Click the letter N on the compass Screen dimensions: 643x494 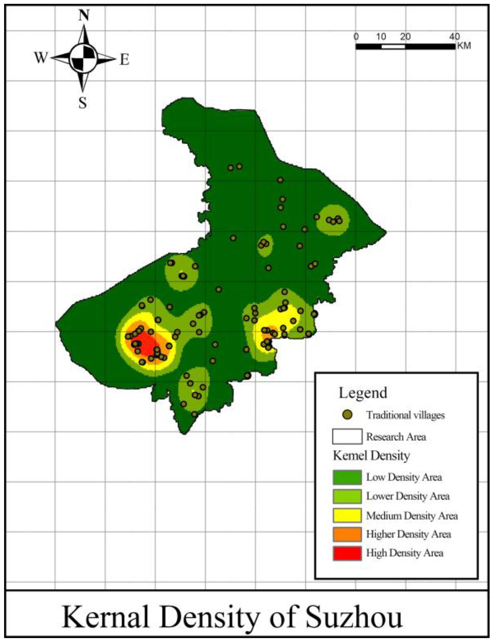84,16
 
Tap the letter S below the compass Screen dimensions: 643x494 83,103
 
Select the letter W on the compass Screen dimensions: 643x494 41,57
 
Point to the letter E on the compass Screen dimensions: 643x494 124,60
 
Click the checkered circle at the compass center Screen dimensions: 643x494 83,58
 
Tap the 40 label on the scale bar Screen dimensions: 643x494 455,37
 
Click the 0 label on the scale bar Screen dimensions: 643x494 356,37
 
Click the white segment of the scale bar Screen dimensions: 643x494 393,47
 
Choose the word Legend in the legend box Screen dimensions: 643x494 363,393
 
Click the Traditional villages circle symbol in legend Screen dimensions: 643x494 347,415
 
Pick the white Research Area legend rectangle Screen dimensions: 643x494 347,436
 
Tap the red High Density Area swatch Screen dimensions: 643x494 347,553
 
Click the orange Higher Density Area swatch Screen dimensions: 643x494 347,534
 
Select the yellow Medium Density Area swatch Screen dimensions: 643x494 347,515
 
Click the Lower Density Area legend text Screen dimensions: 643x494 407,496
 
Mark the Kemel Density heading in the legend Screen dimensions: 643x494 371,456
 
